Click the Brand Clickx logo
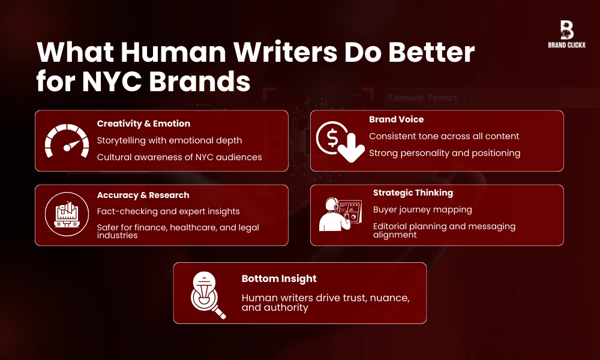566,34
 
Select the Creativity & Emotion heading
143,124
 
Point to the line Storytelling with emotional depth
169,140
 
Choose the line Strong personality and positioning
445,153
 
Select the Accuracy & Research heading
143,195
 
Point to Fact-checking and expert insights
168,211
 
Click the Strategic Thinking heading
413,193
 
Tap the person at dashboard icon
340,214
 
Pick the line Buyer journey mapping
422,209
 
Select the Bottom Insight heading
279,278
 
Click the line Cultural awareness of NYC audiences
179,157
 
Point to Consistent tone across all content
444,136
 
